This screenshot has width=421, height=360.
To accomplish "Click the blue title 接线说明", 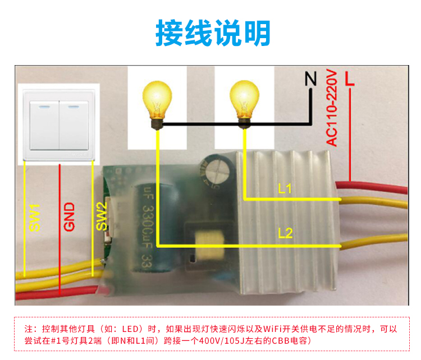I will click(213, 34).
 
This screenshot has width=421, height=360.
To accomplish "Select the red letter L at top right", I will click(349, 78).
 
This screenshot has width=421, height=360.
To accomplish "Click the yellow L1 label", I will click(285, 190).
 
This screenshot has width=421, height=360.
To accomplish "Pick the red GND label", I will click(69, 218).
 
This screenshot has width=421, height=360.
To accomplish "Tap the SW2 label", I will click(101, 216).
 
